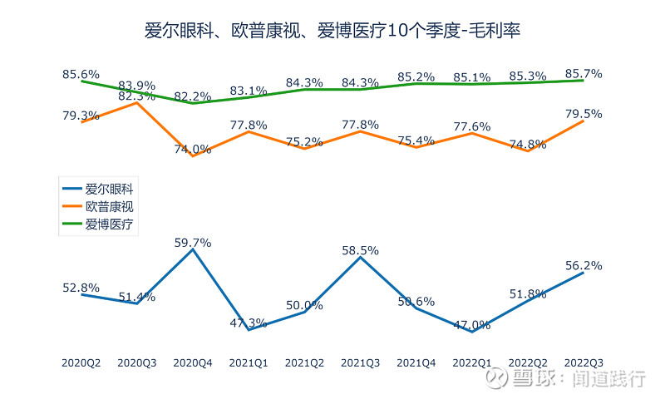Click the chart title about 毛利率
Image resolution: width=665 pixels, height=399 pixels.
[332, 32]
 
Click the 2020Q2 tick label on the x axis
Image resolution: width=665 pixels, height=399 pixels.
[81, 362]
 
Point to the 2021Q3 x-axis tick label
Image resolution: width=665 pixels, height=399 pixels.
[360, 362]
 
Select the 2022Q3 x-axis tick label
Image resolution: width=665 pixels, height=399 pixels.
[583, 362]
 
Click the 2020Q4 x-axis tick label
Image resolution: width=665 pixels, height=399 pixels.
[193, 362]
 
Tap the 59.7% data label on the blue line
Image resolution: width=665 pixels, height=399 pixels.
[193, 243]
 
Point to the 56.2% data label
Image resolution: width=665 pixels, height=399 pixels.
[583, 265]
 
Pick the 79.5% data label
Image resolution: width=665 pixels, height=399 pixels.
[583, 113]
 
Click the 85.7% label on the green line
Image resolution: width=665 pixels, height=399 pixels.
[583, 73]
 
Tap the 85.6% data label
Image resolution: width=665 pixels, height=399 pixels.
[81, 73]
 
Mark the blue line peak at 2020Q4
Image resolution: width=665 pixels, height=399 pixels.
[193, 249]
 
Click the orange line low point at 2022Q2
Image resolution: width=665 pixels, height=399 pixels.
[527, 151]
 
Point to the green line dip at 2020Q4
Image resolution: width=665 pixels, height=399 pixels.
[193, 103]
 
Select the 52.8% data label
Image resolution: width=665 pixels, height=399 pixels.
[81, 288]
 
